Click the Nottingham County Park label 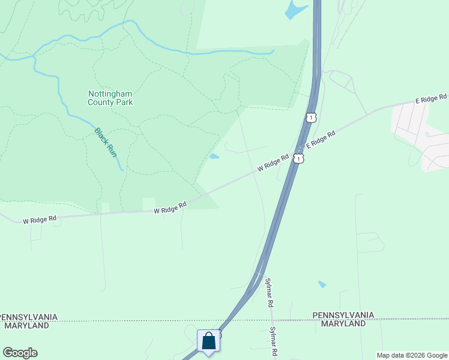click(110, 98)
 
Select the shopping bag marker click(208, 341)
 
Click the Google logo click(20, 353)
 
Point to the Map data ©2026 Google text click(412, 355)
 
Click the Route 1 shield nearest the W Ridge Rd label click(298, 158)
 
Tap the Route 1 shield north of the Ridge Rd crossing click(310, 117)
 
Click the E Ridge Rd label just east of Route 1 click(320, 140)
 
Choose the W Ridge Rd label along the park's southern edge click(170, 208)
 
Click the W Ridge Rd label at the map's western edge click(40, 220)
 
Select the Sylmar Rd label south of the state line click(273, 341)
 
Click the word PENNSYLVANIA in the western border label click(29, 317)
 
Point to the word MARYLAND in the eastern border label click(343, 323)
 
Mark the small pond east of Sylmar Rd click(322, 284)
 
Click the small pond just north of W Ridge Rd click(214, 157)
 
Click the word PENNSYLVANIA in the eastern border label click(343, 315)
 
